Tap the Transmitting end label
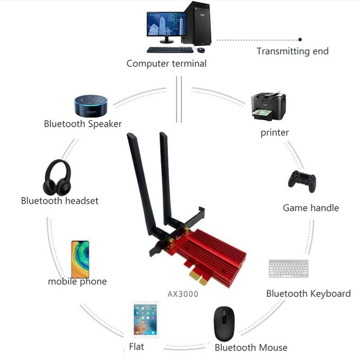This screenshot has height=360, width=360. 292,51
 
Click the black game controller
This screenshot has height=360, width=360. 302,180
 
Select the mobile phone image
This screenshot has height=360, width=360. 80,259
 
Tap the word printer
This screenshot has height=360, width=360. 274,133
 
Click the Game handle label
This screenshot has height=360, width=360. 310,207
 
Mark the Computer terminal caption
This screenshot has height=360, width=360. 166,63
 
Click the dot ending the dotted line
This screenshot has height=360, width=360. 300,40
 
